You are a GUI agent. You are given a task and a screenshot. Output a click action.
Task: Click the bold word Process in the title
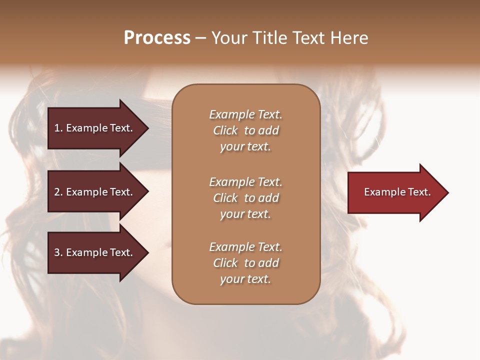click(157, 38)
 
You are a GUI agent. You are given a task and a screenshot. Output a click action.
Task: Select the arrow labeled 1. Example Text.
click(95, 128)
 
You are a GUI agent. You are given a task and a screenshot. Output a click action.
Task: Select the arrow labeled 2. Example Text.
click(95, 192)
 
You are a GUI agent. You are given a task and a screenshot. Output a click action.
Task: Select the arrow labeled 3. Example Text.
click(95, 252)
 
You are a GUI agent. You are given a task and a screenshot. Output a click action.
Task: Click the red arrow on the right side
click(395, 192)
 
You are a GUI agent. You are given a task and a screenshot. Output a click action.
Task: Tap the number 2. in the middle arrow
click(58, 192)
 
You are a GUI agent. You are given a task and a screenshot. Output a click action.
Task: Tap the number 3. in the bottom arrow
click(58, 252)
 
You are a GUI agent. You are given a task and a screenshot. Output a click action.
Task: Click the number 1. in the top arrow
click(58, 128)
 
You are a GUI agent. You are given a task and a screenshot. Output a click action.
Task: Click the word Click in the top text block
click(225, 130)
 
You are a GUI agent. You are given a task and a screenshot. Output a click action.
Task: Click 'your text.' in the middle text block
click(245, 214)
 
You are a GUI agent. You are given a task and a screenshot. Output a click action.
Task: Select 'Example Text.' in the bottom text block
click(245, 247)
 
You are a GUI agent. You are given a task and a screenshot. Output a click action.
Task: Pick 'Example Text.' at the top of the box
click(245, 114)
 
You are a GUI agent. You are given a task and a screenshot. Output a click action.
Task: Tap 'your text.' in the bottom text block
click(245, 279)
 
